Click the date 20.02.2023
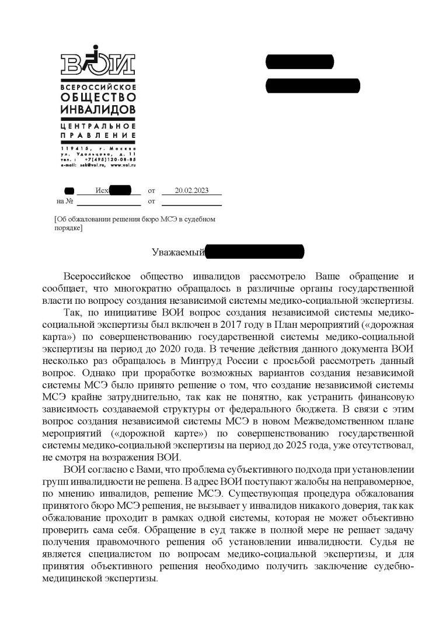click(x=191, y=190)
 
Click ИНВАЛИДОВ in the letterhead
click(x=98, y=110)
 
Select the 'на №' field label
click(x=64, y=202)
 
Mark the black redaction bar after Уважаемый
click(x=255, y=252)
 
